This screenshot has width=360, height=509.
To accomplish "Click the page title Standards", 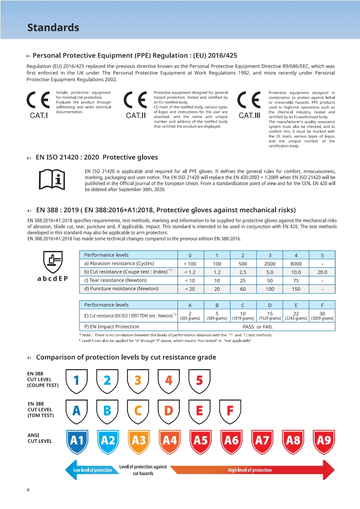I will tap(53, 28).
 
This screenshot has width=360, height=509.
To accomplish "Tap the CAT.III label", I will tap(249, 115).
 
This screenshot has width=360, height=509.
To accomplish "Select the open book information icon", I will tap(52, 179).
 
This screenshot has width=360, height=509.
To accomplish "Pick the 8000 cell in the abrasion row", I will tap(296, 264).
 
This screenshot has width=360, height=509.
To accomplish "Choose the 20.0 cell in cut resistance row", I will tap(322, 272).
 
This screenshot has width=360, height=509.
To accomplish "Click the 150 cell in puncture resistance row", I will tap(296, 289).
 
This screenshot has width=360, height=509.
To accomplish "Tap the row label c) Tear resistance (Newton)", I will tap(119, 280).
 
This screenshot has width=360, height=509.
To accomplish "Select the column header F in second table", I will tap(322, 305).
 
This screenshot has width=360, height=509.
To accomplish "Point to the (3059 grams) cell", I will tap(322, 318).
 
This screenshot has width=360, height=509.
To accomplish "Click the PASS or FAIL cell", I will tap(258, 327).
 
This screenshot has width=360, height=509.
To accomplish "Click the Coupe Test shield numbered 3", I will tap(138, 380).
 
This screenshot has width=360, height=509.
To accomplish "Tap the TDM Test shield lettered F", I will tap(230, 410).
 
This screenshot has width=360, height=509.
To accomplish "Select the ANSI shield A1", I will tap(77, 440).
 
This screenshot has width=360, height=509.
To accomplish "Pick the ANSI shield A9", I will tap(324, 440).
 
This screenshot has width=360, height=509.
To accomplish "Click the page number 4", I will tap(28, 490).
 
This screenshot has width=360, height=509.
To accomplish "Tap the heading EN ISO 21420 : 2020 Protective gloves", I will tap(97, 157).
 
